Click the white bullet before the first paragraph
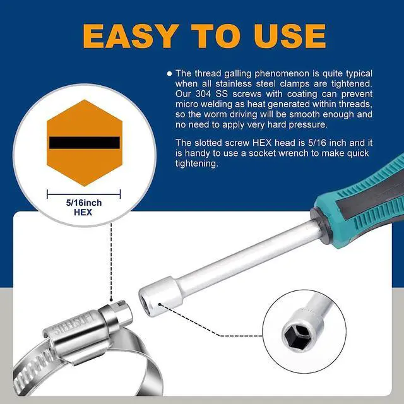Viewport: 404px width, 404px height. click(170, 73)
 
